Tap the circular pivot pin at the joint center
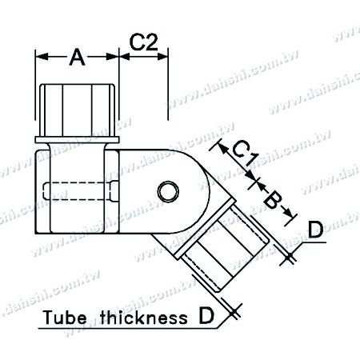(169, 193)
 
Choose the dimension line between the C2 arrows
(143, 58)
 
